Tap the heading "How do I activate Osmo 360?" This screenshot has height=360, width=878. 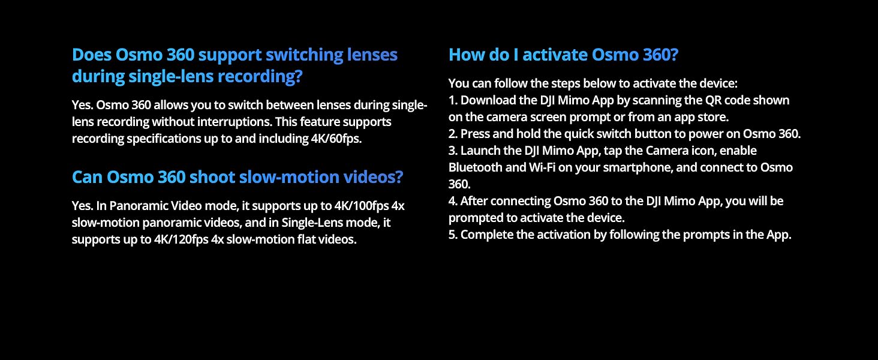(x=563, y=55)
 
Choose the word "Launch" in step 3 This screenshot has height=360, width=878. (x=480, y=151)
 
